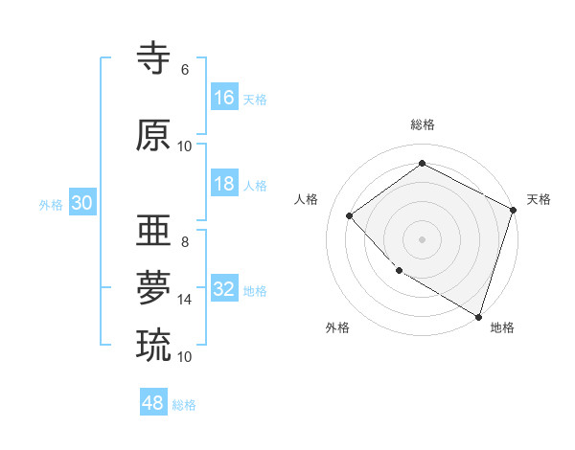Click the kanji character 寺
point(154,58)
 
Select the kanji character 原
point(154,136)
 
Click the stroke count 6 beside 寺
point(185,70)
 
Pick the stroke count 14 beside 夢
point(185,300)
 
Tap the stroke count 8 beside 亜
point(185,242)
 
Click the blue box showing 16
point(224,98)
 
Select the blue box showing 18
point(224,184)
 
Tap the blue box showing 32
point(224,289)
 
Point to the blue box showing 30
point(81,203)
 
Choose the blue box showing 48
point(153,403)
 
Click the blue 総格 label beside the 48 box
point(184,405)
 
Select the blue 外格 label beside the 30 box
point(51,205)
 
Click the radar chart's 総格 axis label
point(422,124)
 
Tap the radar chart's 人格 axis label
point(307,199)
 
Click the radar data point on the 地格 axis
point(478,315)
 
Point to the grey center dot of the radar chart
point(422,238)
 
